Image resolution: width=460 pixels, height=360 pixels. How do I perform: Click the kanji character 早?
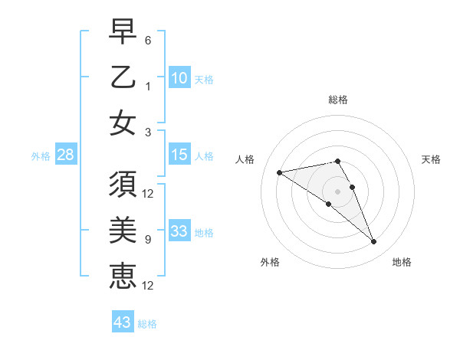(x=123, y=33)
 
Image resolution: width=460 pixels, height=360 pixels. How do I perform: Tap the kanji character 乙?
(x=123, y=77)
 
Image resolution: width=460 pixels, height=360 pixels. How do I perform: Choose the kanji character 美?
(x=123, y=231)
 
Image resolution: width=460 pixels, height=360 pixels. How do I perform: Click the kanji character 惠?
(x=123, y=275)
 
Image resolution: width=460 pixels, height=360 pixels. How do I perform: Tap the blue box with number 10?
(x=179, y=77)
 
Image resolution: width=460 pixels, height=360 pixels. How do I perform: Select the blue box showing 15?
(x=179, y=155)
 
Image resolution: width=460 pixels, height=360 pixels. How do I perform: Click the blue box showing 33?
(x=179, y=231)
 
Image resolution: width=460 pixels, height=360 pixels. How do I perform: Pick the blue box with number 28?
(x=65, y=155)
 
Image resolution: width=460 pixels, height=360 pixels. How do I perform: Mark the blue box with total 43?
(x=123, y=322)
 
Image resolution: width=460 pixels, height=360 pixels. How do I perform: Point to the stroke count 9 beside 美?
(x=147, y=240)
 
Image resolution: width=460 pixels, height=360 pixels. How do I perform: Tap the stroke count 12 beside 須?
(x=148, y=193)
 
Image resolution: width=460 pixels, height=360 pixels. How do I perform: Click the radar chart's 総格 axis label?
(x=338, y=100)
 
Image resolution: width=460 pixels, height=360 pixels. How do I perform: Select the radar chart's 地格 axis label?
(x=402, y=262)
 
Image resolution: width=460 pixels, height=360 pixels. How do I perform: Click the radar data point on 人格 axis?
(x=279, y=172)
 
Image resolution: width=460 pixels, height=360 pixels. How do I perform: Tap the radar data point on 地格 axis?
(x=374, y=242)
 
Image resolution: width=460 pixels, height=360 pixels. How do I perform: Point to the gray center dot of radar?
(x=338, y=191)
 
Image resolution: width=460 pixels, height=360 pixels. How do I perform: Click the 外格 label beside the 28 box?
(x=41, y=155)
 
